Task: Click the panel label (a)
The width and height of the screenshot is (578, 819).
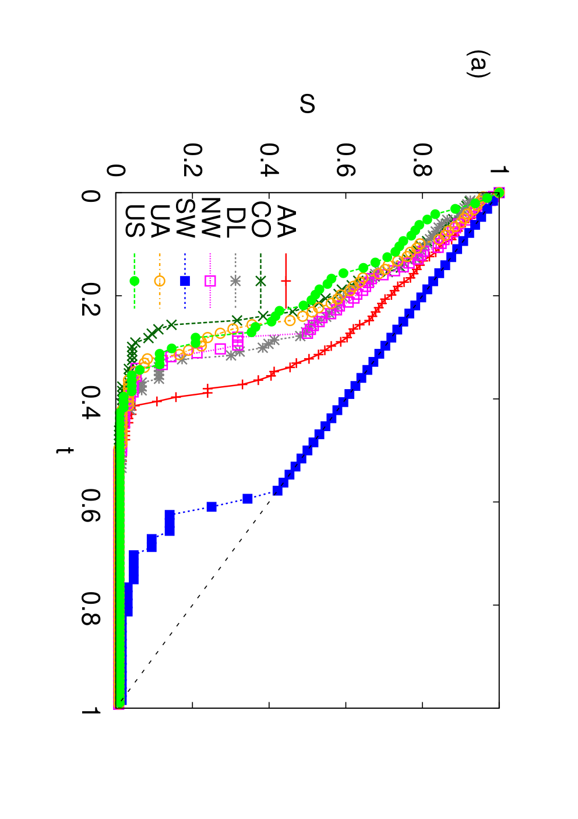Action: tap(478, 64)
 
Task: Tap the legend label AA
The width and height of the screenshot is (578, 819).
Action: tap(286, 222)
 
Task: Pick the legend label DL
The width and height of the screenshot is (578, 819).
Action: tap(235, 223)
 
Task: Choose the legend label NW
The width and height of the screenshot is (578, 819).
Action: tap(210, 218)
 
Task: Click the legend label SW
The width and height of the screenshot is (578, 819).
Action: tap(185, 218)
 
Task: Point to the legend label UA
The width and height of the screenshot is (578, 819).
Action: tap(160, 221)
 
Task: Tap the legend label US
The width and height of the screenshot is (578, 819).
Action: tap(135, 221)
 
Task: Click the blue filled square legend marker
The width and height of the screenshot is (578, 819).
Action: tap(185, 281)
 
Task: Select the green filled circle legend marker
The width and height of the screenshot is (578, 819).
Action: tap(135, 281)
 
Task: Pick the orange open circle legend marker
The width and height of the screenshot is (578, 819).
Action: tap(160, 281)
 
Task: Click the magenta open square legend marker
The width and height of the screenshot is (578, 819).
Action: tap(210, 281)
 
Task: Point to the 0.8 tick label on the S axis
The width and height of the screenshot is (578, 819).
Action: tap(423, 160)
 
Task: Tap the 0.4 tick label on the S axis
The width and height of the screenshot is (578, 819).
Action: tap(269, 160)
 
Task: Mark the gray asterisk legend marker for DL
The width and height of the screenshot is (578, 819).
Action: tap(235, 281)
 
